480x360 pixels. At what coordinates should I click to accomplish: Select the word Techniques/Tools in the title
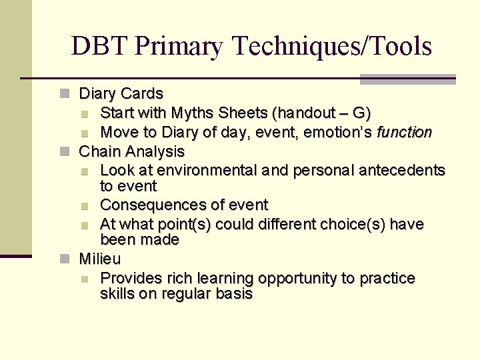[332, 47]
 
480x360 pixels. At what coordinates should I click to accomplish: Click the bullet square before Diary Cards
[64, 94]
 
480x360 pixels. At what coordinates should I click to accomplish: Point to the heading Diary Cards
[121, 93]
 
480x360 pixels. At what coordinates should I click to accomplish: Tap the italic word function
[404, 132]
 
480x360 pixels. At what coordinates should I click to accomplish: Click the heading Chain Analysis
[131, 151]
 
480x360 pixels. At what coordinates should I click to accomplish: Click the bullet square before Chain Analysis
[64, 152]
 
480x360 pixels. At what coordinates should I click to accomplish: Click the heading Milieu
[100, 258]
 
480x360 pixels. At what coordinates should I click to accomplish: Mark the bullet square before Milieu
[64, 259]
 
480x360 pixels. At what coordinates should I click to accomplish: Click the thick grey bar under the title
[407, 79]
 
